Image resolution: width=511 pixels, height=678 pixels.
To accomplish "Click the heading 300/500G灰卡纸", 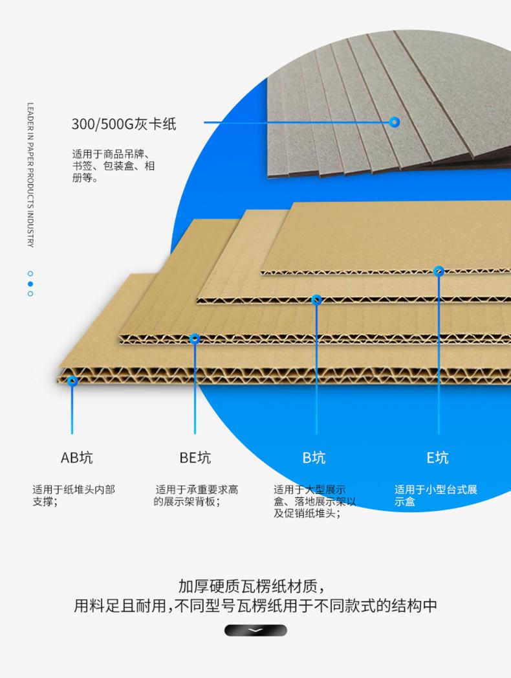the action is (x=124, y=124).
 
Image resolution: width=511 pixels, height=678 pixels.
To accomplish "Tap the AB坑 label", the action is (x=77, y=457).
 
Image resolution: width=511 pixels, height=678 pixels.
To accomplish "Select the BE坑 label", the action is (x=195, y=457).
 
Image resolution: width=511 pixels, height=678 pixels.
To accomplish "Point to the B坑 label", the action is (x=314, y=457).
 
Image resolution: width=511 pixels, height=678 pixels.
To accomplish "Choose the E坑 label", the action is (x=437, y=457).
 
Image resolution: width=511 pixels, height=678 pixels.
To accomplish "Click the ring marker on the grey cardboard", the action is (x=394, y=122).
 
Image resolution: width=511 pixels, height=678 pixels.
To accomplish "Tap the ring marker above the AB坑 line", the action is (x=72, y=381).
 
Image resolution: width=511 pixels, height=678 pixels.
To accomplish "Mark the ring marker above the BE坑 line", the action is (x=195, y=339).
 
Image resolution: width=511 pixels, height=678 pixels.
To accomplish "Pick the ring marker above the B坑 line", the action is (x=316, y=299).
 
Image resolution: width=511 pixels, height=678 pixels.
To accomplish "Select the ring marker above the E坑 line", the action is (x=439, y=271).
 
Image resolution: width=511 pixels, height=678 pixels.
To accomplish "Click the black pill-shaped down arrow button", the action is (x=255, y=630).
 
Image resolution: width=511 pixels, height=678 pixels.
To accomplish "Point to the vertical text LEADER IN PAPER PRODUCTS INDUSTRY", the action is (x=30, y=175).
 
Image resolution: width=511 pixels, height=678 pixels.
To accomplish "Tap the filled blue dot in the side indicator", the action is (x=30, y=284).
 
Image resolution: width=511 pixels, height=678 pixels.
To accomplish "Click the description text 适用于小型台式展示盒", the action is (x=435, y=495).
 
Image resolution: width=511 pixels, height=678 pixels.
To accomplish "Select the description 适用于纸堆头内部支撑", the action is (x=74, y=495).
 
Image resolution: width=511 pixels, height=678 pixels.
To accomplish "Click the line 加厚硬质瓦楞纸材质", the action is (x=252, y=586).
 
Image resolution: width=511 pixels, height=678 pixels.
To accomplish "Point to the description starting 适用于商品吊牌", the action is (x=113, y=166).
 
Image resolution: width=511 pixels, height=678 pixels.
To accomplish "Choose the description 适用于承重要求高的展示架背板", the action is (x=196, y=495).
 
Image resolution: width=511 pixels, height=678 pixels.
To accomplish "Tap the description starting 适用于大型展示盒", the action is (x=315, y=502).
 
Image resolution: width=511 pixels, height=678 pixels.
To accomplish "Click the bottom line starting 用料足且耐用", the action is (x=255, y=605).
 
